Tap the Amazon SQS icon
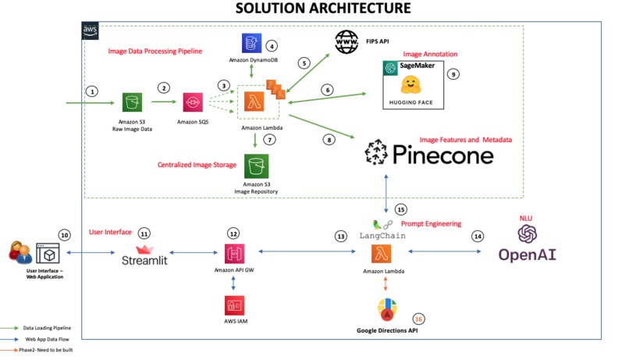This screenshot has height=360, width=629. [x=194, y=102]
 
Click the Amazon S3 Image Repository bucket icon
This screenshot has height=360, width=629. [x=257, y=166]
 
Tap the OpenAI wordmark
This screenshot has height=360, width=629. [x=528, y=255]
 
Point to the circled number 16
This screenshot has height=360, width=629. [x=419, y=319]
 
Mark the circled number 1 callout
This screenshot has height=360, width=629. [x=93, y=91]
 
